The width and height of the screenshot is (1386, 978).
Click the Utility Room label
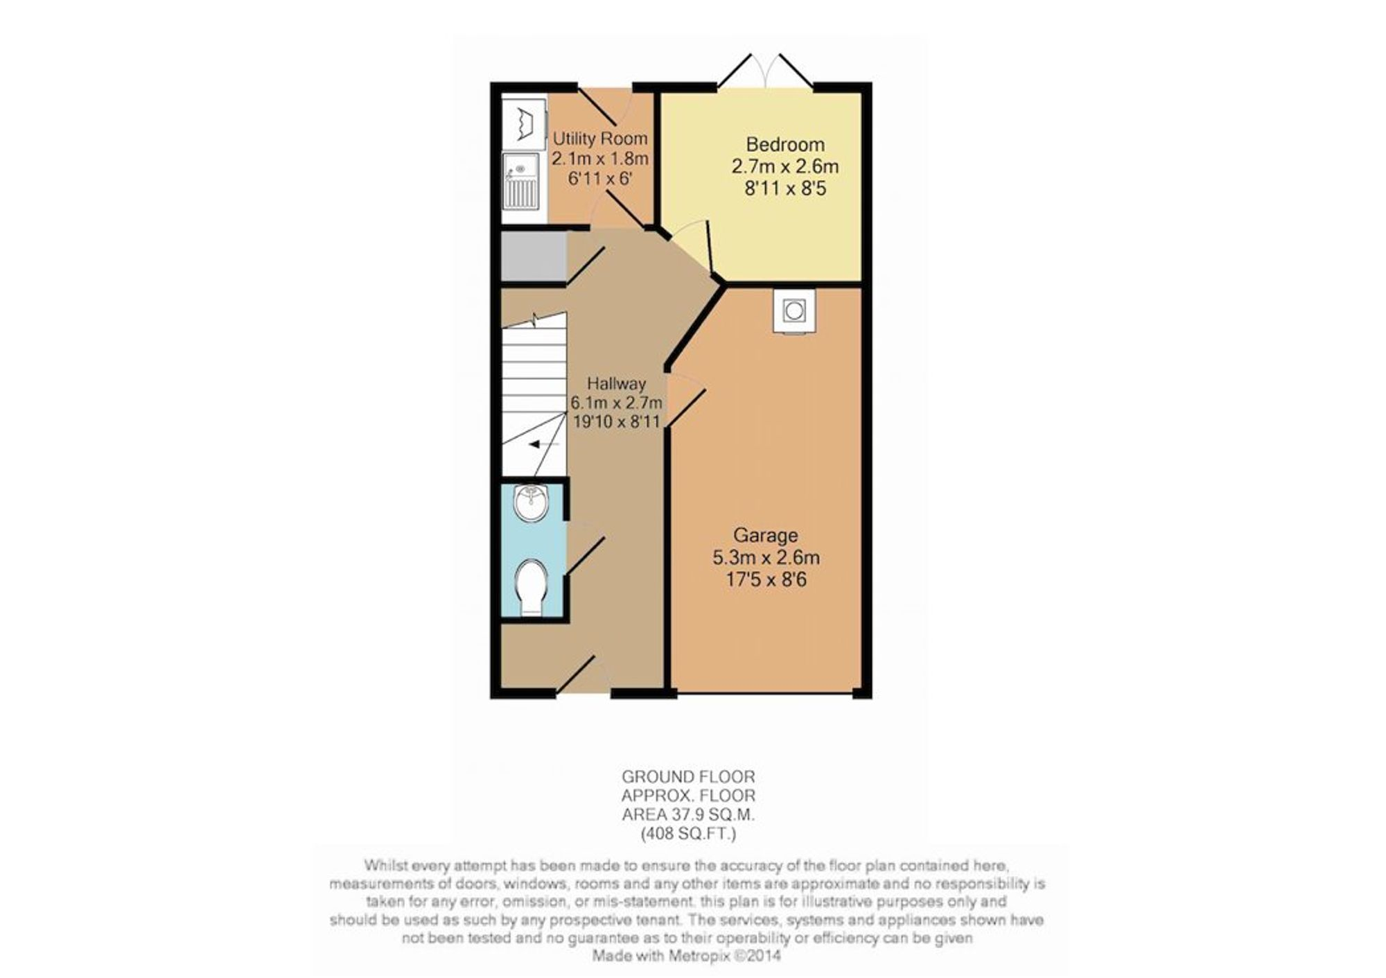[x=599, y=139]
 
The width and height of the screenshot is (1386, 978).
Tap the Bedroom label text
[x=785, y=144]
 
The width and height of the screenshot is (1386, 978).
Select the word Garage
[x=766, y=535]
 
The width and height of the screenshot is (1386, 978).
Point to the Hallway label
[x=616, y=383]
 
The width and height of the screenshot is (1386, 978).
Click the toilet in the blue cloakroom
[x=532, y=586]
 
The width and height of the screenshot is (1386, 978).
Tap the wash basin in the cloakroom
[x=532, y=503]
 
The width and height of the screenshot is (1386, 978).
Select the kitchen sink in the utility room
[x=520, y=180]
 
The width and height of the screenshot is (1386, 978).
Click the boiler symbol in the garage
[x=794, y=311]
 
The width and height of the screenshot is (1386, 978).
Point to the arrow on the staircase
[x=544, y=444]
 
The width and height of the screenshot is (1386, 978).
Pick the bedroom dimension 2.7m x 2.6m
[x=785, y=166]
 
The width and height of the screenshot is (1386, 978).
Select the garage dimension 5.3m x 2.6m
[x=766, y=557]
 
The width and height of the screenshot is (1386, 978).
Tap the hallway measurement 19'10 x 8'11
[x=616, y=421]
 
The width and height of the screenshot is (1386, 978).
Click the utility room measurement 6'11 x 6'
[x=599, y=178]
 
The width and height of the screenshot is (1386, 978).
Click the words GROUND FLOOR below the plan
[x=688, y=776]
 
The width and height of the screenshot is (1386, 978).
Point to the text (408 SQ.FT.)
[x=688, y=834]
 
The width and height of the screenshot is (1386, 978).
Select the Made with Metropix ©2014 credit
[x=686, y=956]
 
